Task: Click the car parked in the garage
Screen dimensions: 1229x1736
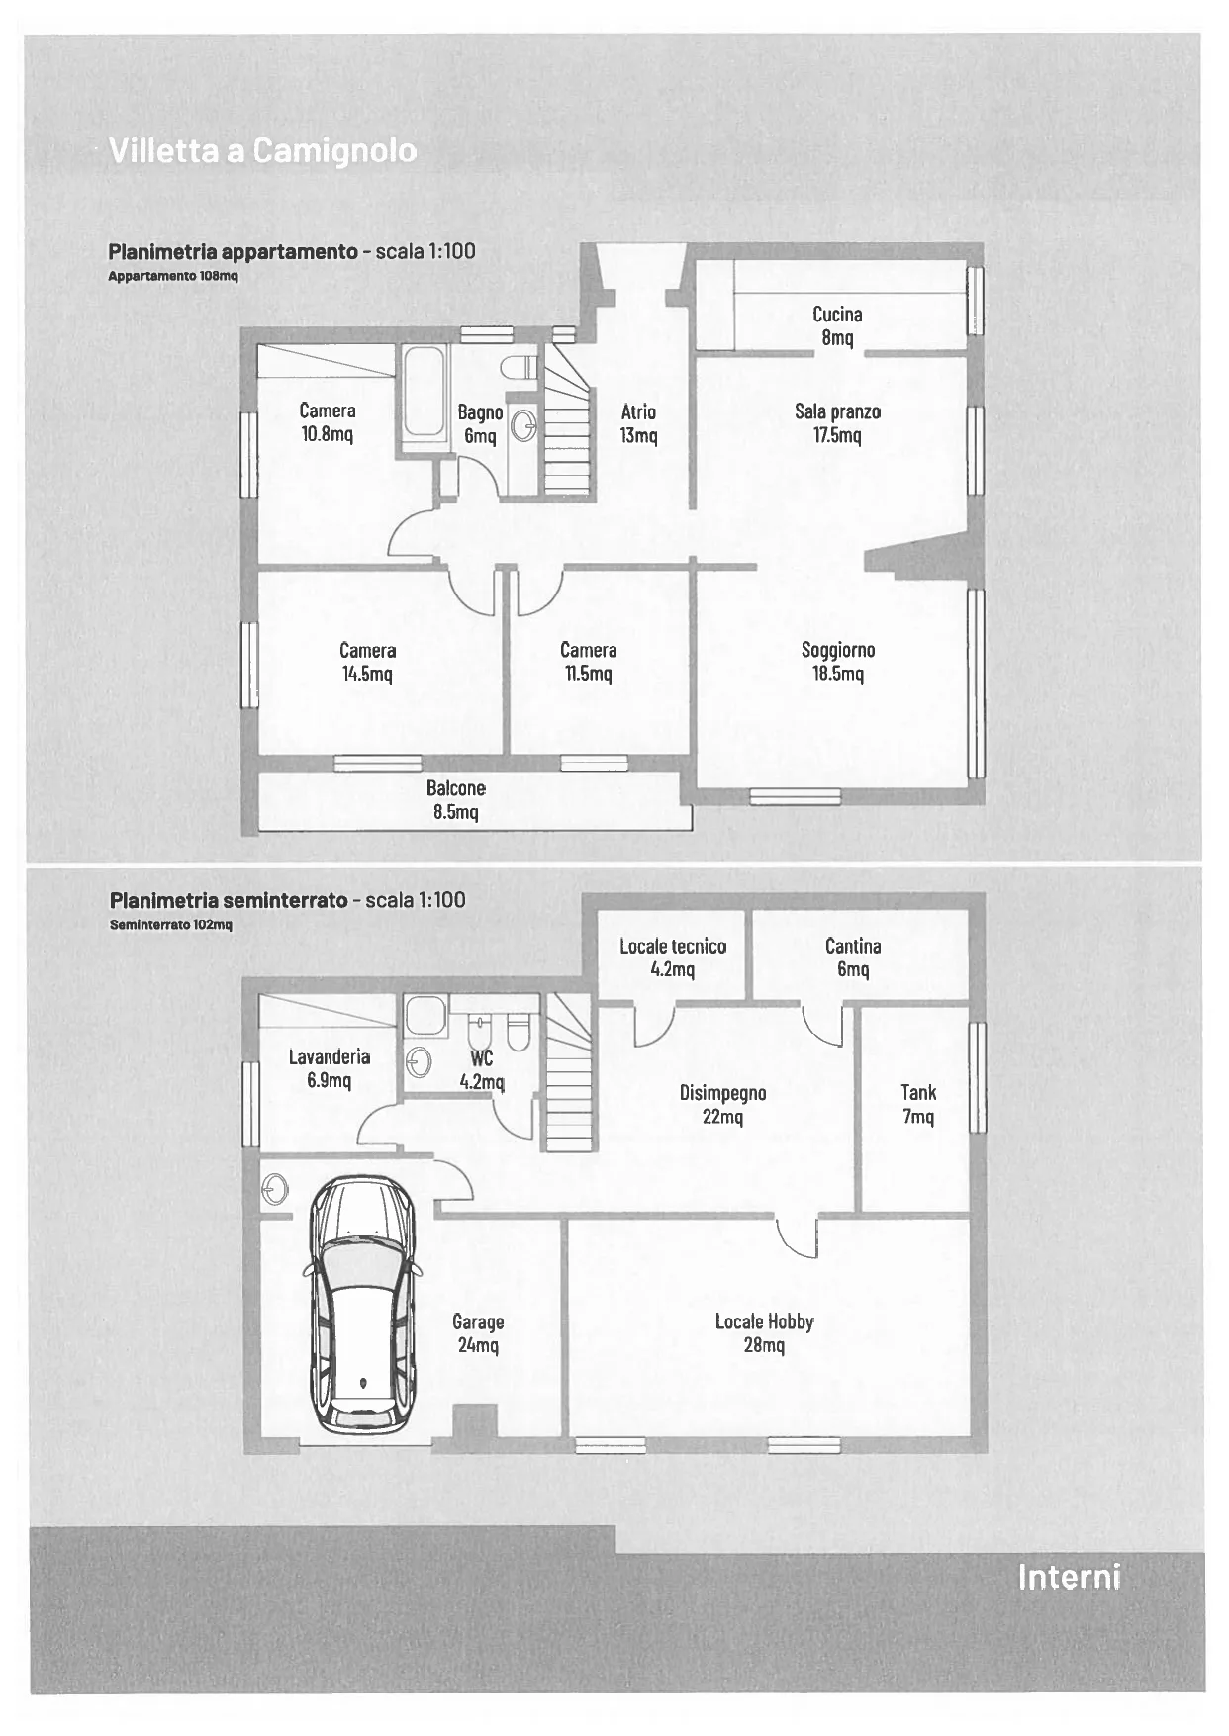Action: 362,1305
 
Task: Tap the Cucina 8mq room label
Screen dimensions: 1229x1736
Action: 837,325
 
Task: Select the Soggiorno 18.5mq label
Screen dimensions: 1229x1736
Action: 838,661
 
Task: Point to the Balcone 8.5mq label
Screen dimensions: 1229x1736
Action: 456,799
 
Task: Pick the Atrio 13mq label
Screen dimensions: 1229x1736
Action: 638,423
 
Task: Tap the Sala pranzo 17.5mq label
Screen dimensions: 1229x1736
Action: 837,422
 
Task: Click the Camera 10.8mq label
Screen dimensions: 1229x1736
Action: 328,421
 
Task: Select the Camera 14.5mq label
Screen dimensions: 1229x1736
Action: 367,661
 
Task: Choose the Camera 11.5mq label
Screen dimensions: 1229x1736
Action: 589,661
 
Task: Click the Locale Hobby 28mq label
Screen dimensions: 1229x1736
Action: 764,1332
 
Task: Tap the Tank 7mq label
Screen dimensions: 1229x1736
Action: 918,1104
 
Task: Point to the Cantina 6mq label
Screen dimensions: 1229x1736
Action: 853,957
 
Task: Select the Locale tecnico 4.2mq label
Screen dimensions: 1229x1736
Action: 673,957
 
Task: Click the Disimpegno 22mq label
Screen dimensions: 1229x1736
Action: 723,1104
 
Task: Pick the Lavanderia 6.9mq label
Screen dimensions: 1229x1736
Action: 330,1068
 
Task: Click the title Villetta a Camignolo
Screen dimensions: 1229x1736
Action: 262,150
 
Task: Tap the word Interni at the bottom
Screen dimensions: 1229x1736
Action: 1069,1576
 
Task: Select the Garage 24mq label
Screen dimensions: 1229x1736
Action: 478,1332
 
